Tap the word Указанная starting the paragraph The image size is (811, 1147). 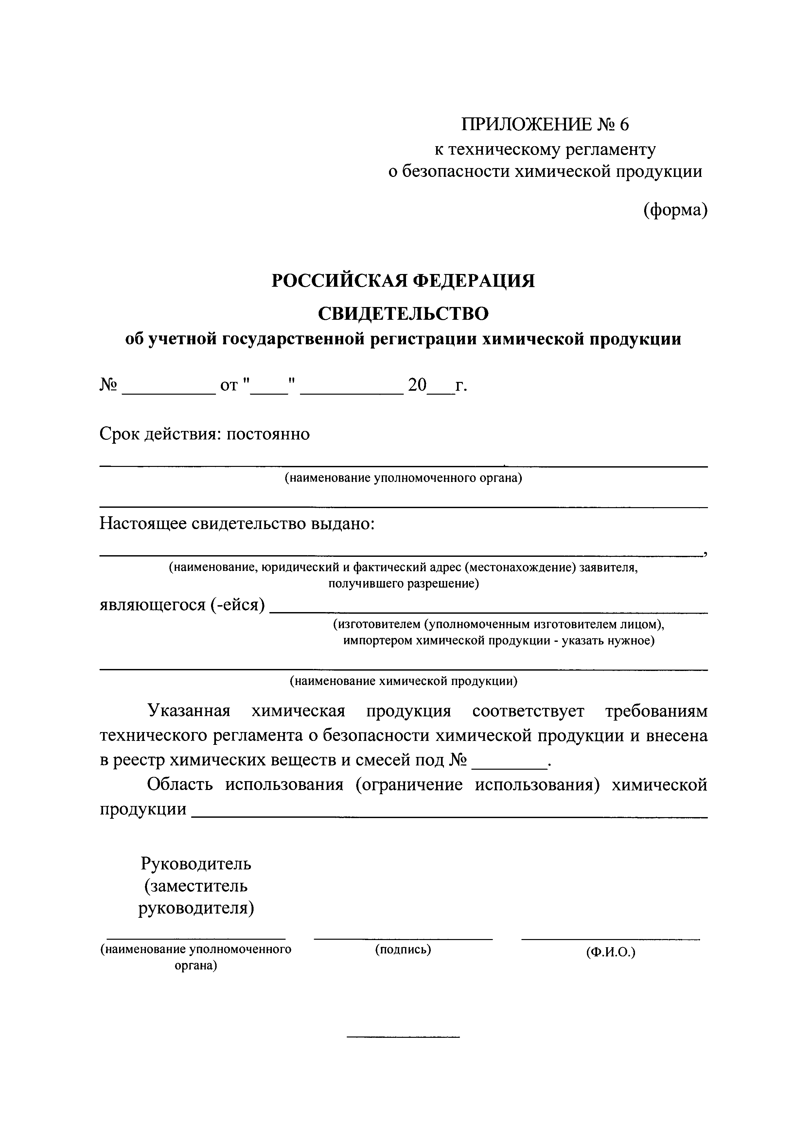(x=189, y=710)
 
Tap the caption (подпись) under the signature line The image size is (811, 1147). (x=403, y=949)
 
